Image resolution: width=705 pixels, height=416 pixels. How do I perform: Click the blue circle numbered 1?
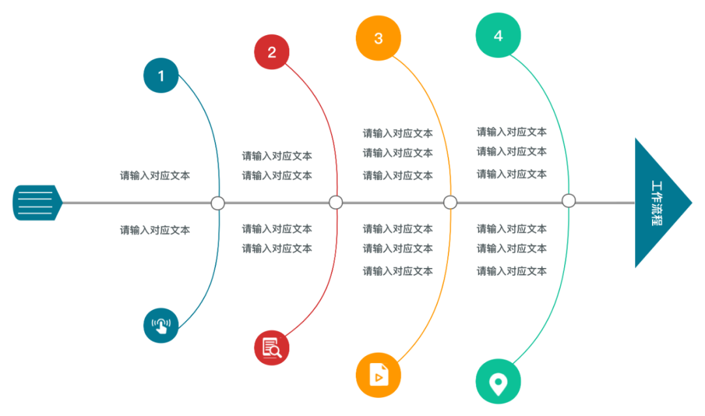[161, 76]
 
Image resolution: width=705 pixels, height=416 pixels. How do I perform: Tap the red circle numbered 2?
[272, 52]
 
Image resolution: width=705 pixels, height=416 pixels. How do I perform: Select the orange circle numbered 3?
[378, 38]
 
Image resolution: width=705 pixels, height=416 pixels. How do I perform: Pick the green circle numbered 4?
[498, 35]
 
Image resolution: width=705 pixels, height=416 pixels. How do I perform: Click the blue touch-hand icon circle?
[161, 325]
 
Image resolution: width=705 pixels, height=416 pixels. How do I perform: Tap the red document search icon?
[272, 348]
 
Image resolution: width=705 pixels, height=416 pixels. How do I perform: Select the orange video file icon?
[378, 374]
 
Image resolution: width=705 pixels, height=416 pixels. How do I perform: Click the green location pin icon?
[498, 381]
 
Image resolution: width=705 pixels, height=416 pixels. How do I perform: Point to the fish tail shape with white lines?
[36, 203]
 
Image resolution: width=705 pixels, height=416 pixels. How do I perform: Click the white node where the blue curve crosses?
[218, 203]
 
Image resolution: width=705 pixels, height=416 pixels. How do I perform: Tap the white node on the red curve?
[336, 202]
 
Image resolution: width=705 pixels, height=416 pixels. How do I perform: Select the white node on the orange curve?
[450, 202]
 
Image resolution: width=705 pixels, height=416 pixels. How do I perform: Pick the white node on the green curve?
[569, 200]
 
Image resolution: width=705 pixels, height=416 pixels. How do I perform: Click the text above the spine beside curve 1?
[155, 175]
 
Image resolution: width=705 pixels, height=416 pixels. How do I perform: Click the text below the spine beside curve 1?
[155, 230]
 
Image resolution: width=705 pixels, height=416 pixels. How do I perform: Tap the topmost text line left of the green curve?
[511, 132]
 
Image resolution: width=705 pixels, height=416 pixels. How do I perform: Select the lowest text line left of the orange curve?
[398, 271]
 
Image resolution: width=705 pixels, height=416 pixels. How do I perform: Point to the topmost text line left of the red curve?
[277, 156]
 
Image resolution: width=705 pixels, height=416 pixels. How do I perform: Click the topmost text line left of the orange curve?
[398, 133]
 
